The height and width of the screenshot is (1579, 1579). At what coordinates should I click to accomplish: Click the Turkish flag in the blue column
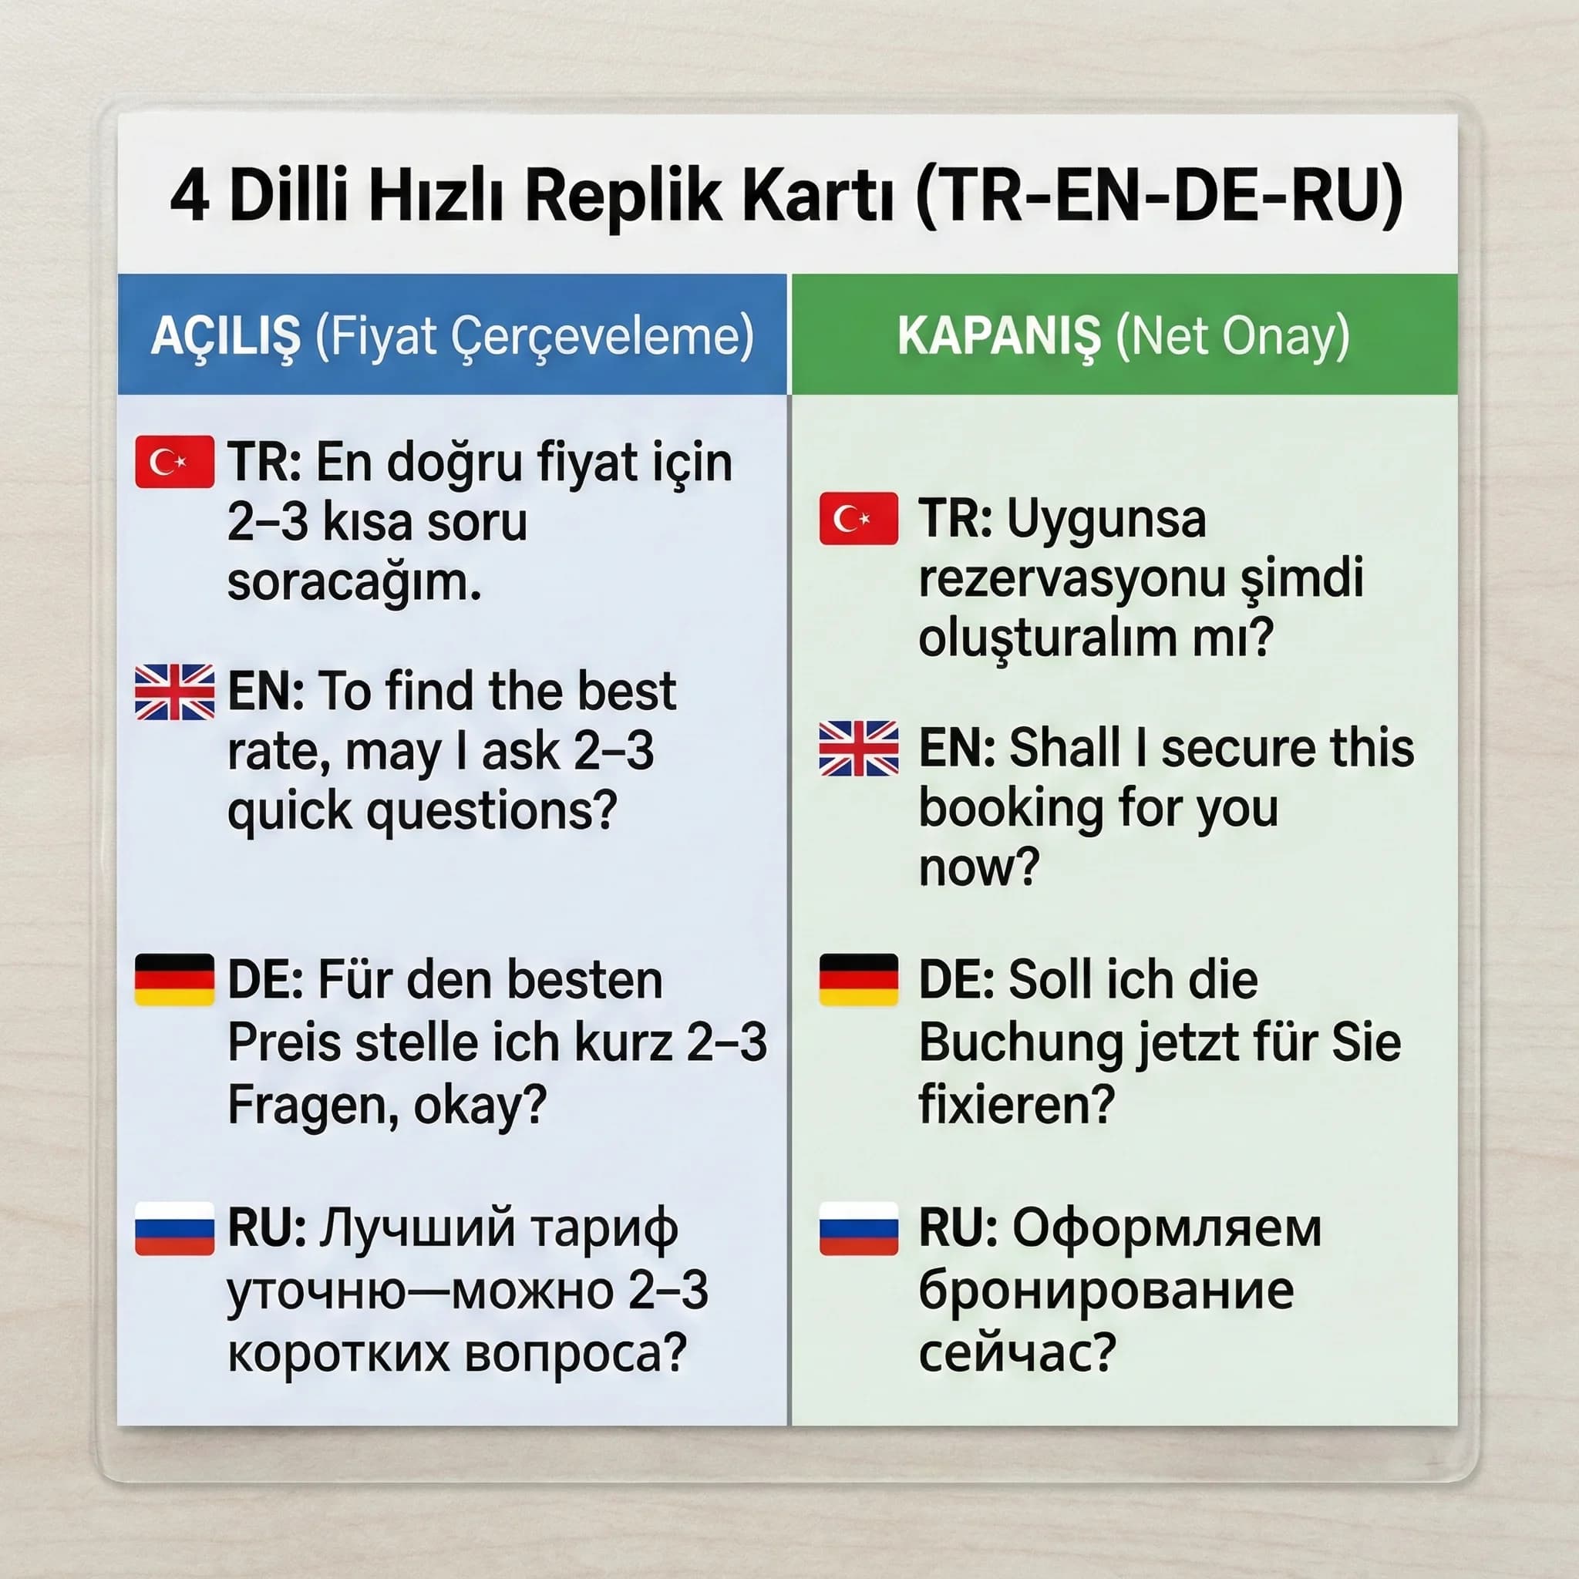tap(174, 462)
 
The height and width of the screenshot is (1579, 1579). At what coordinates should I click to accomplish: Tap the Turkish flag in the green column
tap(858, 518)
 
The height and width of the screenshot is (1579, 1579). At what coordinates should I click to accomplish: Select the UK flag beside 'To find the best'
tap(174, 692)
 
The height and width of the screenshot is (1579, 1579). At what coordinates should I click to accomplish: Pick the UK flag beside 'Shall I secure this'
tap(858, 748)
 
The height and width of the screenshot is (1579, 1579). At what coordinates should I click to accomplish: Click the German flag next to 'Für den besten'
tap(174, 979)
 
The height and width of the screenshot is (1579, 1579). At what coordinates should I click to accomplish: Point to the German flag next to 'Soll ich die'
tap(858, 979)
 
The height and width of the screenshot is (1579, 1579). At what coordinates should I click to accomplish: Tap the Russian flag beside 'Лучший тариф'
tap(174, 1227)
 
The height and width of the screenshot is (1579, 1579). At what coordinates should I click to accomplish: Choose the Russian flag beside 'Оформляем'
tap(858, 1227)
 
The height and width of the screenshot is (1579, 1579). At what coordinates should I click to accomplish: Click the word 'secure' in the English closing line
tap(1235, 748)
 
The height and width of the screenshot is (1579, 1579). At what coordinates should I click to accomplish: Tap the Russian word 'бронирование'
tap(1106, 1291)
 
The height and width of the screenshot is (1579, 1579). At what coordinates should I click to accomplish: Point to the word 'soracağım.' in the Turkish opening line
tap(353, 582)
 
